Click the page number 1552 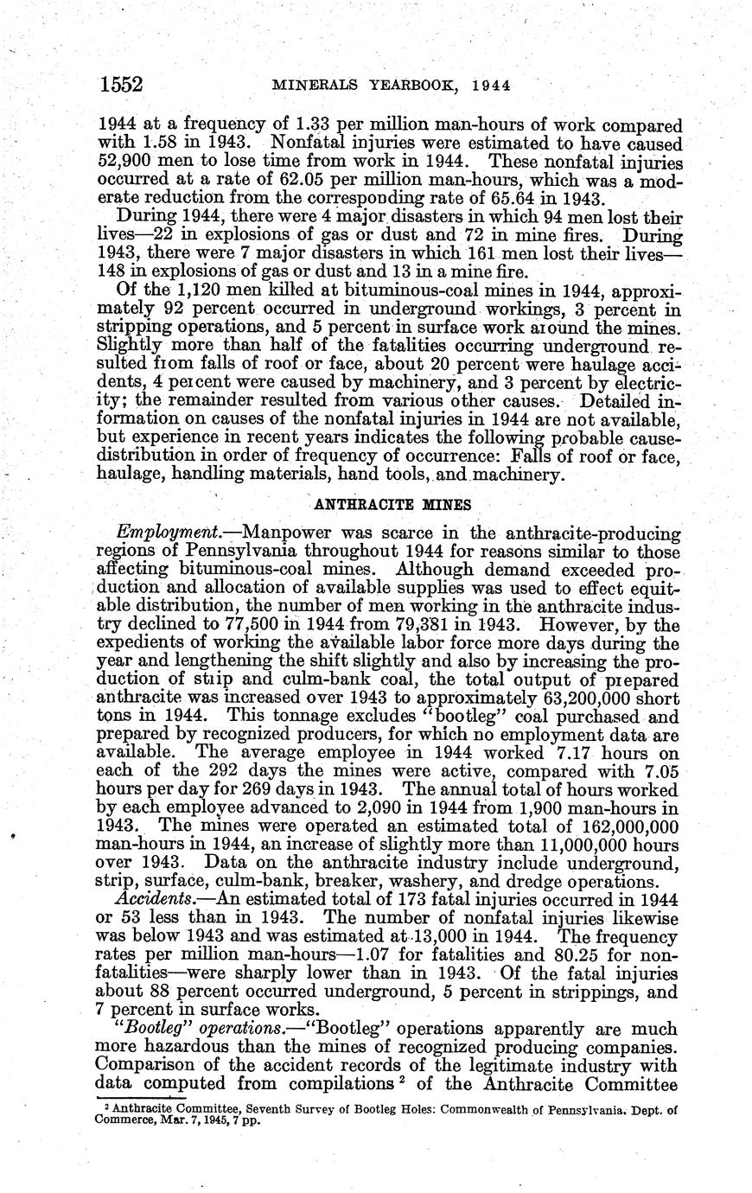coord(121,85)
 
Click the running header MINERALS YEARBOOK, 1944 coord(392,86)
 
